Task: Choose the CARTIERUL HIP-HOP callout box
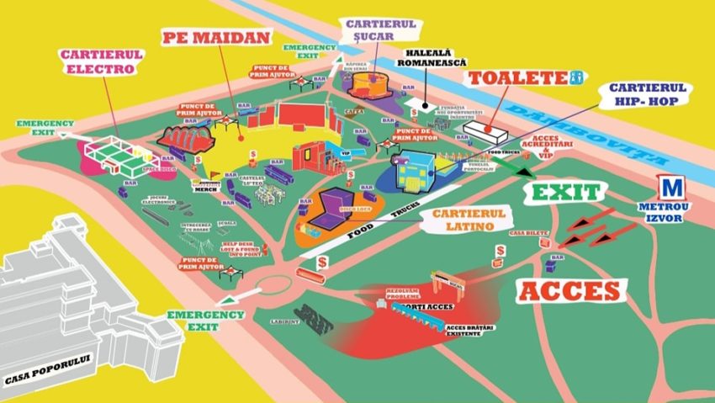click(649, 93)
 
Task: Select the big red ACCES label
click(573, 291)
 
